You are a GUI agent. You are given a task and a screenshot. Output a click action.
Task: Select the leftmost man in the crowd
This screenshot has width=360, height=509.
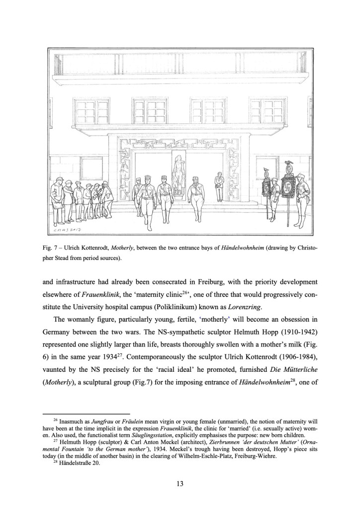[57, 197]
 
